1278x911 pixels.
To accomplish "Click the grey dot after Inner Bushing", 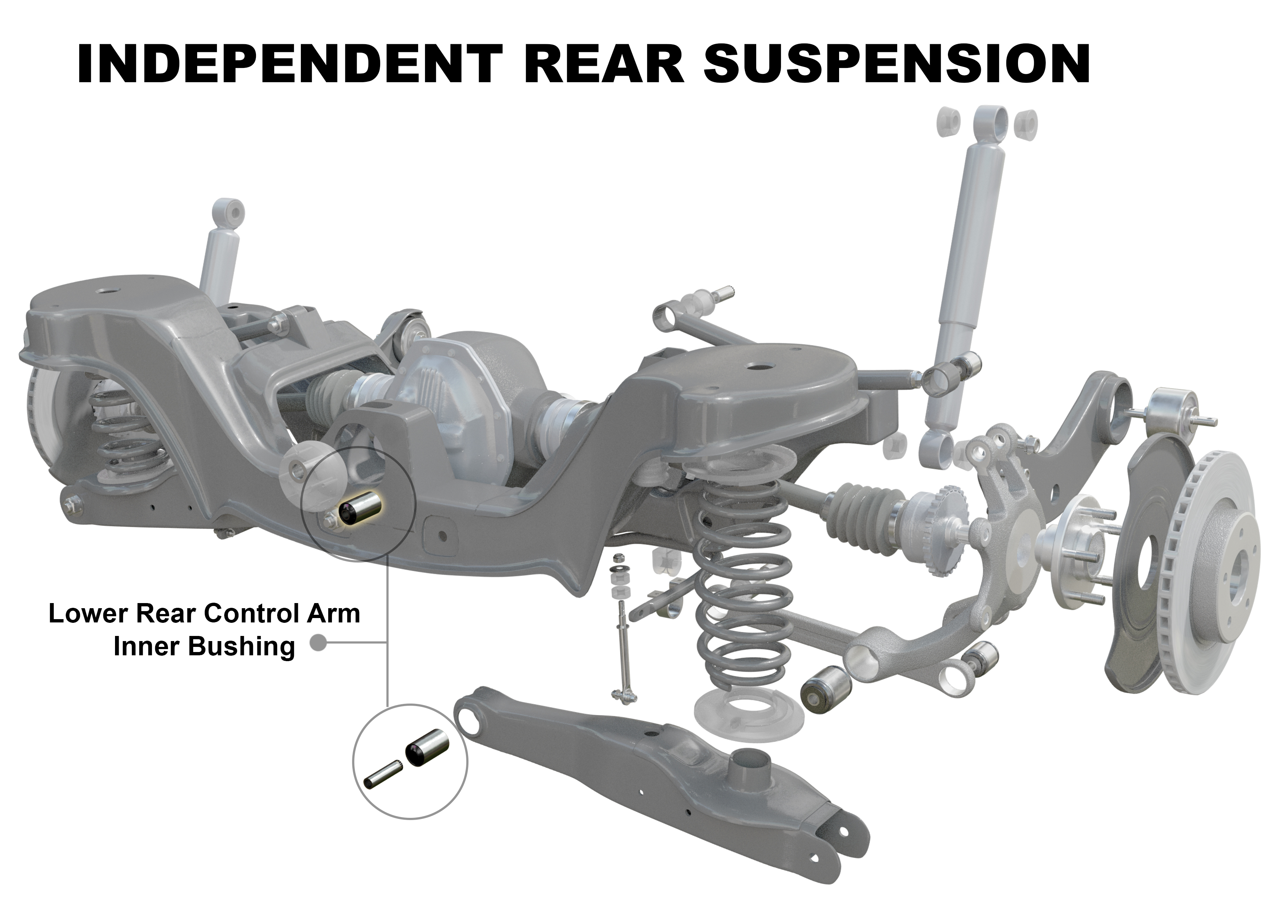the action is pos(318,643).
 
